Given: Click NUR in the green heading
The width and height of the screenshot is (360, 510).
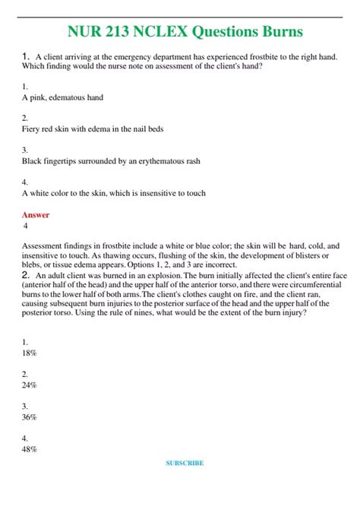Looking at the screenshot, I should point(74,31).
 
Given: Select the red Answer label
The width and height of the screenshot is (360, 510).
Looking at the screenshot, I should point(36,215).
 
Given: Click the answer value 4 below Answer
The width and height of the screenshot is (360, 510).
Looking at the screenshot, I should point(26,226).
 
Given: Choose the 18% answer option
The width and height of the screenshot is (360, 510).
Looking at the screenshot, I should point(30,353).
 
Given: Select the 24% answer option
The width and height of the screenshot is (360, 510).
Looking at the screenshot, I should point(30,385).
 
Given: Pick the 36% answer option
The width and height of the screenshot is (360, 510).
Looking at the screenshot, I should point(30,417).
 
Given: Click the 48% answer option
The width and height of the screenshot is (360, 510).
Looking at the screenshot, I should point(30,448).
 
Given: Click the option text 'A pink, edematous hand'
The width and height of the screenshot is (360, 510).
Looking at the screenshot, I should point(62,97).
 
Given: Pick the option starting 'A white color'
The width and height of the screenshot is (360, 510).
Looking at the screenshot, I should point(113,193).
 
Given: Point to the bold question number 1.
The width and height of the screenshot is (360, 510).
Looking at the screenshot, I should point(26,55).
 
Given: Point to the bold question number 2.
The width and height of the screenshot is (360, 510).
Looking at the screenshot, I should point(26,274).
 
